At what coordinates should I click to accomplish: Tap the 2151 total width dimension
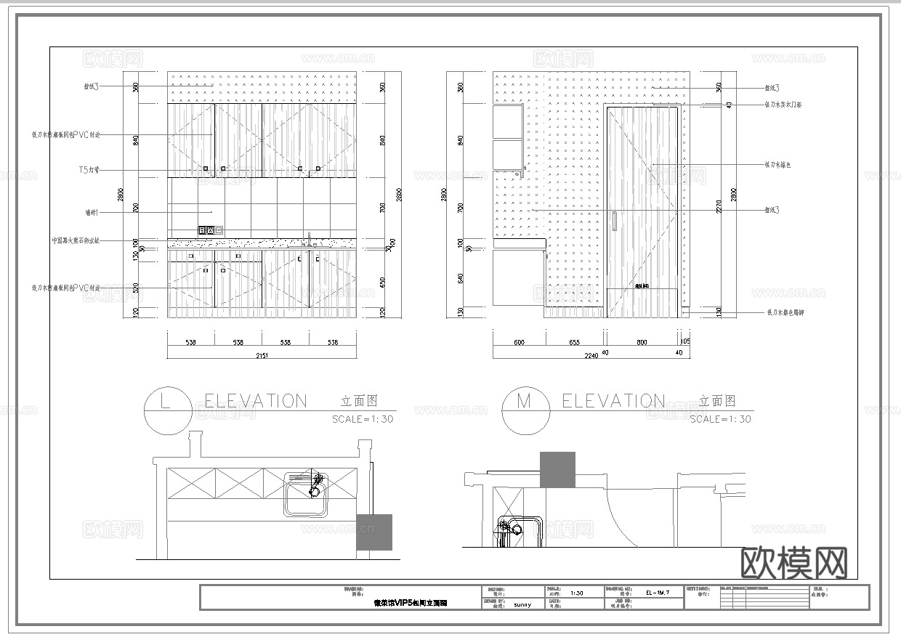262,355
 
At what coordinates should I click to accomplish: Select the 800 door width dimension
642,341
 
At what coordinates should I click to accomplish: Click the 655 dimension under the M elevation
574,341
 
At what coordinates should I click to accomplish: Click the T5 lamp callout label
89,170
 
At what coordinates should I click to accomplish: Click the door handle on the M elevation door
614,222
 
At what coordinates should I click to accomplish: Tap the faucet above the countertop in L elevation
309,239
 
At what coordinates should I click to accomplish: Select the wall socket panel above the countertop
207,230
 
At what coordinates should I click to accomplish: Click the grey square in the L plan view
374,532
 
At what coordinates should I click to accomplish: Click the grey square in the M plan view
557,469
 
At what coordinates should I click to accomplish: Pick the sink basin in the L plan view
305,494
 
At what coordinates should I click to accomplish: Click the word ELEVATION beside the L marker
256,401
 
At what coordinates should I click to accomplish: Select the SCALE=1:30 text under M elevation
720,419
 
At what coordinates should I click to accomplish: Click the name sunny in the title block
522,604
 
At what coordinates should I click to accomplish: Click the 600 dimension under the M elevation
519,341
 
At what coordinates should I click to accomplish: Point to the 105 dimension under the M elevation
685,341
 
